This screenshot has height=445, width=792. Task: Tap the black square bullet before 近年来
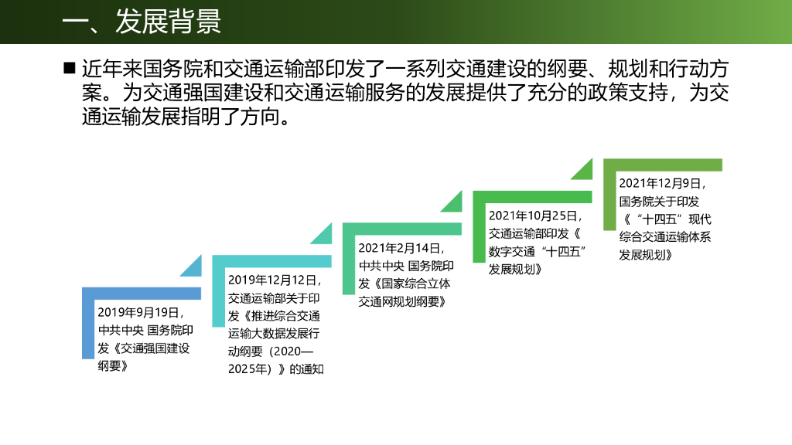69,68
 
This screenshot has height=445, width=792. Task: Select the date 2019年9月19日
141,313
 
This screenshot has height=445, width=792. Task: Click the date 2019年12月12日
274,280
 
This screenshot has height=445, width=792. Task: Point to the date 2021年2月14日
401,248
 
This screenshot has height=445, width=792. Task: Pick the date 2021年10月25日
534,216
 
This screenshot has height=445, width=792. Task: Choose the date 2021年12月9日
662,183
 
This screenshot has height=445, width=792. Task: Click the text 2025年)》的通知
275,369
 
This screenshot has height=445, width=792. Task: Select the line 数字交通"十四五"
535,252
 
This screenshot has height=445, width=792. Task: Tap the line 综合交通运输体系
665,237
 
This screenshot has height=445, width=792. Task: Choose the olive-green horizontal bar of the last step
662,165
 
